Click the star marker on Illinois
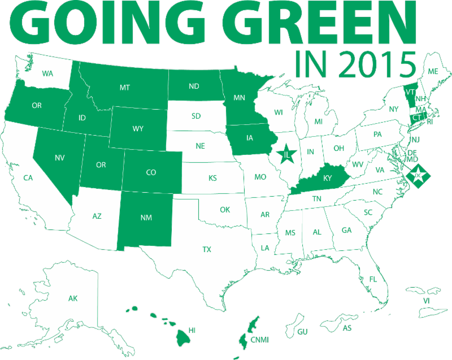[288, 154]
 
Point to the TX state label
[207, 249]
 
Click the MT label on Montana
[125, 88]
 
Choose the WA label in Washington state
[47, 73]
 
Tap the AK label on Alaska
[73, 298]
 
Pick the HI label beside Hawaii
[192, 329]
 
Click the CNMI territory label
[260, 339]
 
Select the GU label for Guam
[302, 331]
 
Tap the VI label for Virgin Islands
[427, 301]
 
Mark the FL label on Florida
[373, 279]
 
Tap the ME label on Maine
[433, 72]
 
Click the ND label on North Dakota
[194, 87]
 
